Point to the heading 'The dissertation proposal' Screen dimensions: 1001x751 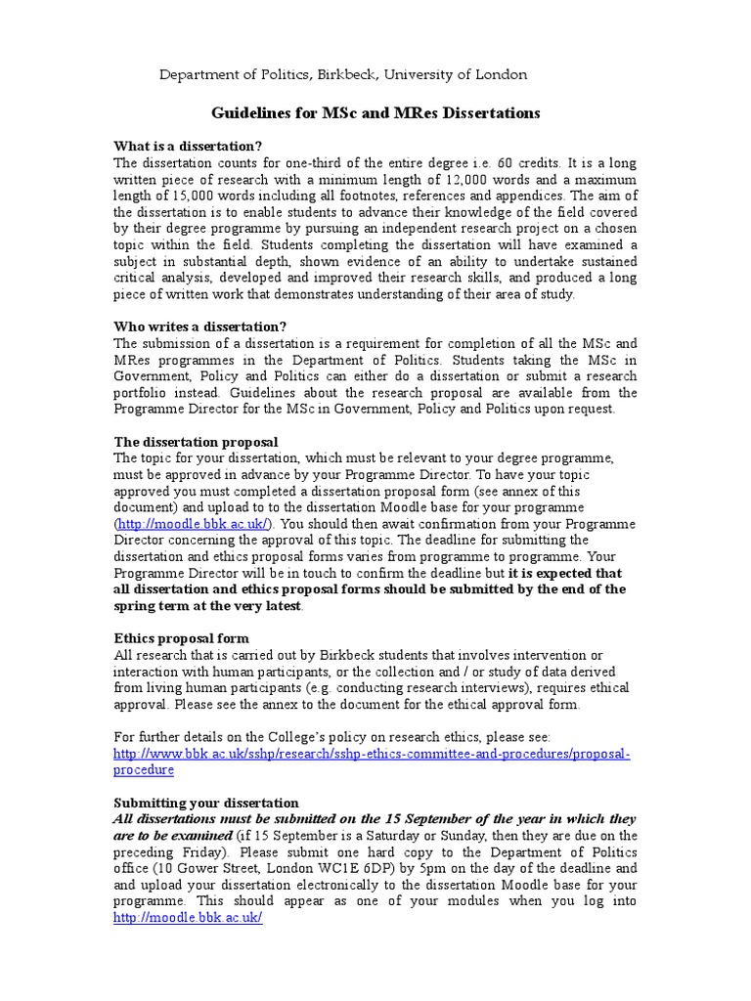pos(196,442)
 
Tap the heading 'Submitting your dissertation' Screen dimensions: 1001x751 pos(205,803)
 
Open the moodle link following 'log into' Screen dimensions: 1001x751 pos(188,919)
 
